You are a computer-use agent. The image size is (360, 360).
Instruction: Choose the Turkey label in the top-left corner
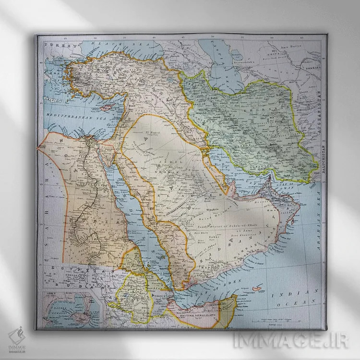(x=54, y=44)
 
